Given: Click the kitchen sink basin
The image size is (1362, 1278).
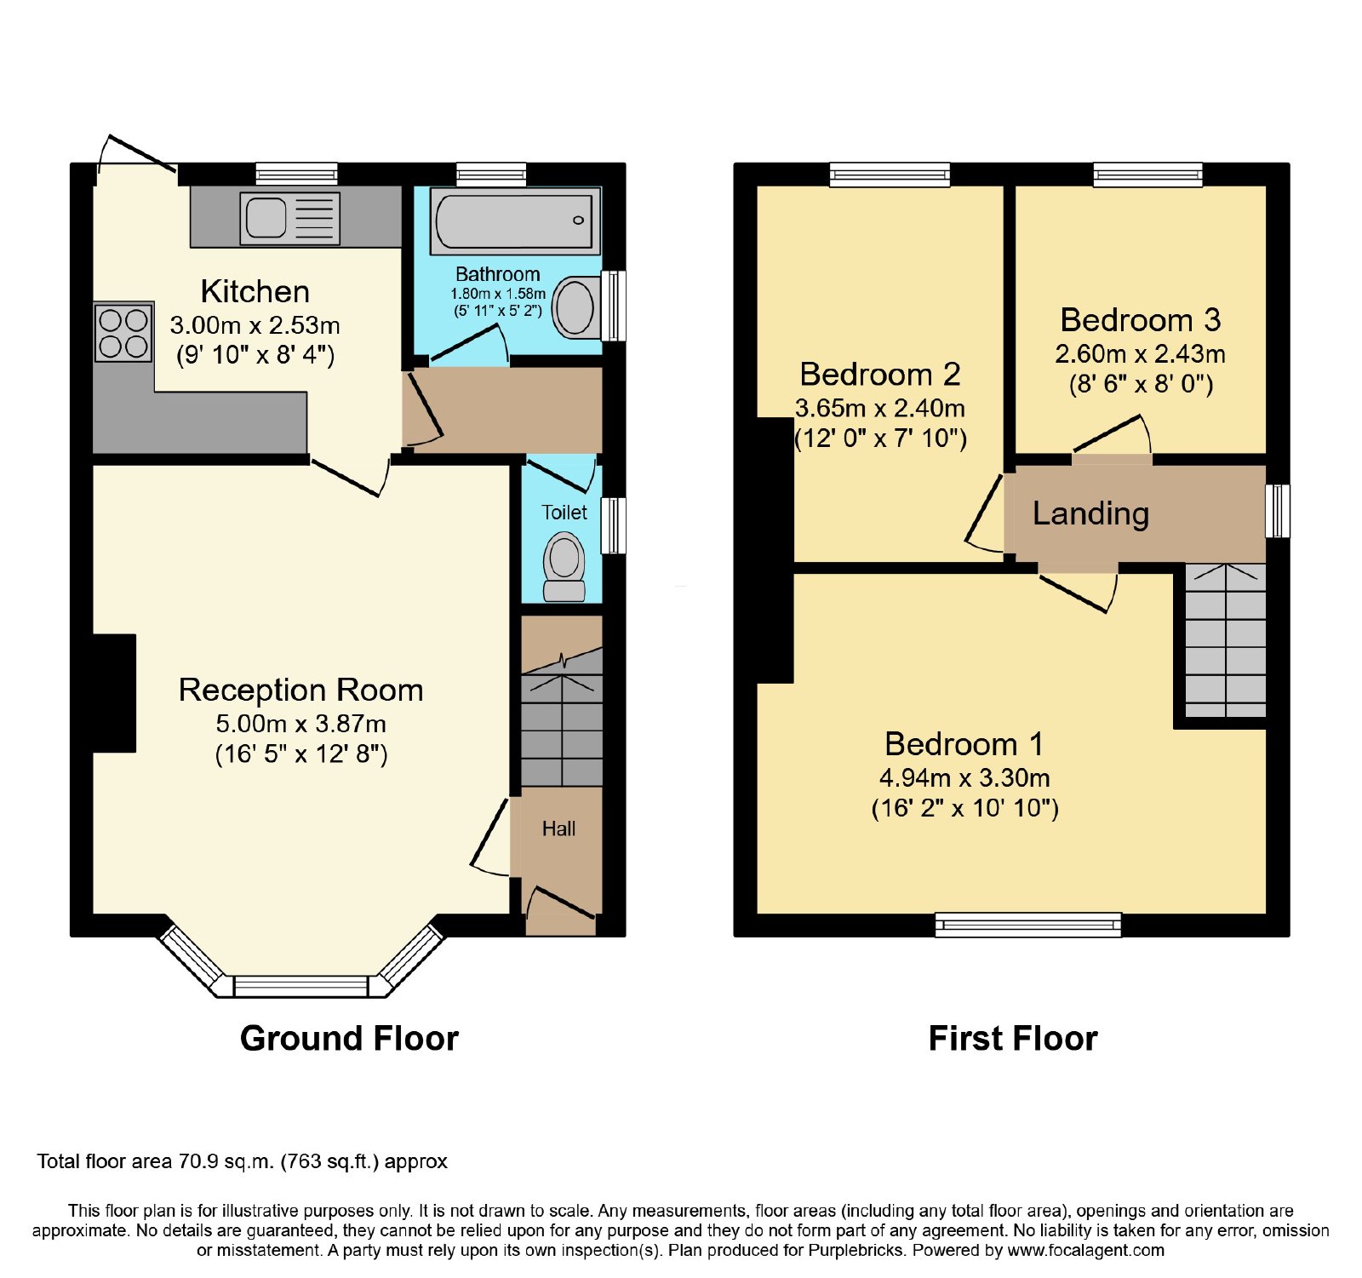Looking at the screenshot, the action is [266, 217].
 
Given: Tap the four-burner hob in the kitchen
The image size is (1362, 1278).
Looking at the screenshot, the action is [123, 333].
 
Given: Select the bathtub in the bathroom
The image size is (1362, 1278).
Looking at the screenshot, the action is [515, 221].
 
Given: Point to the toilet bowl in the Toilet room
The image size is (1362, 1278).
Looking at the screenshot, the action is [564, 566].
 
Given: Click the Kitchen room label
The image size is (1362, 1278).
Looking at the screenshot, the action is [255, 291].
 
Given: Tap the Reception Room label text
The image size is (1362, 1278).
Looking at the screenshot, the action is [300, 690].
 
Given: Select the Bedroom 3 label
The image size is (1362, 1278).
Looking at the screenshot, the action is [1141, 320].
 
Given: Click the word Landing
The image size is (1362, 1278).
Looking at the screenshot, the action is [1091, 513].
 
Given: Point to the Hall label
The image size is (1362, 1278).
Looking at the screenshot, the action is [559, 828].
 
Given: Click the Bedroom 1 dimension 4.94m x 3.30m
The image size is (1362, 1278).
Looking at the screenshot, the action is [964, 777].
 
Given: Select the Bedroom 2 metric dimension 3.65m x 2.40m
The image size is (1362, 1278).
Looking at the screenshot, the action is [880, 408].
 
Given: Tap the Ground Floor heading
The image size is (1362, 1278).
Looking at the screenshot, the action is [349, 1039].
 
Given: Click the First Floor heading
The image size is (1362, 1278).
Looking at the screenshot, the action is [1013, 1039].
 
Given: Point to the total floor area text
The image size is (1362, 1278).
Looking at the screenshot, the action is [243, 1161].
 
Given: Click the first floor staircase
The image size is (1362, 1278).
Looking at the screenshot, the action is [1225, 640].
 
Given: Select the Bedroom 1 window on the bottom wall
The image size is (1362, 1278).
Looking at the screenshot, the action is [1028, 925].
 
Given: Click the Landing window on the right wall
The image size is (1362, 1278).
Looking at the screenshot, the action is [1278, 511].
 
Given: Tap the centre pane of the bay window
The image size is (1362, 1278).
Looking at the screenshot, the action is [301, 987].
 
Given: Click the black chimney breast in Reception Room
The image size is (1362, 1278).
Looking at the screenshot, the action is [114, 693].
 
